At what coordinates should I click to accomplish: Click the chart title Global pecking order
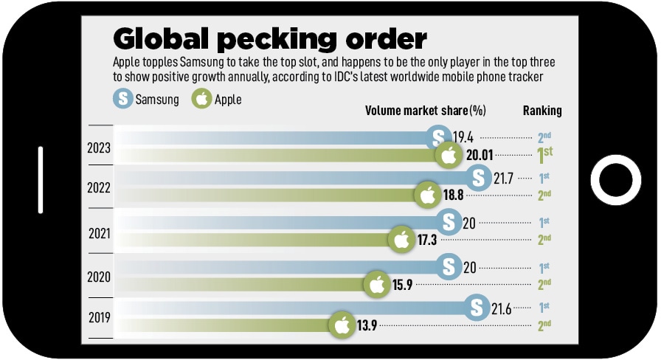270,38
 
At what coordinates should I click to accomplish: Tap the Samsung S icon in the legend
122,99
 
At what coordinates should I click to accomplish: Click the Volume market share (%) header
426,111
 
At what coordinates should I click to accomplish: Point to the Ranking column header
542,111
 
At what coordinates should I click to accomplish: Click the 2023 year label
98,148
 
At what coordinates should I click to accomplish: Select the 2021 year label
98,234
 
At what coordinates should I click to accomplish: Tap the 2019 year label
98,319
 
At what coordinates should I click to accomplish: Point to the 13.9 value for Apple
367,325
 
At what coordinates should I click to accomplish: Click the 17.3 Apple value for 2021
429,240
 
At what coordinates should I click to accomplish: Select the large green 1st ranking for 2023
544,155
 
